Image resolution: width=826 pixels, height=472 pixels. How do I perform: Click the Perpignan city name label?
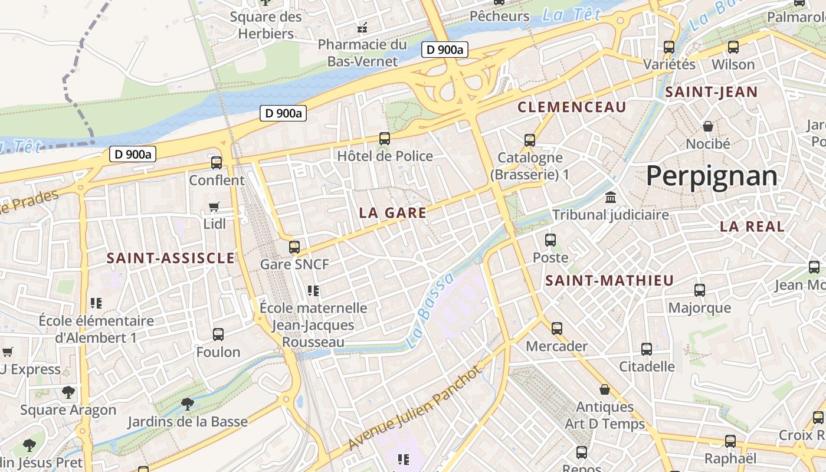[x=712, y=176]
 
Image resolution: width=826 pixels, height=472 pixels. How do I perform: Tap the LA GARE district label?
[x=392, y=213]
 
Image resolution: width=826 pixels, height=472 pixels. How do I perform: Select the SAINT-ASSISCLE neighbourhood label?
[x=171, y=258]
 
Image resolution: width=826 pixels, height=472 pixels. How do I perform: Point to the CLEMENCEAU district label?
[x=571, y=107]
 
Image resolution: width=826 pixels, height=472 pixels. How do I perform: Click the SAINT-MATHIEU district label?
[x=609, y=280]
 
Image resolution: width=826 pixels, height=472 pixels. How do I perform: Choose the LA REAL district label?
[x=752, y=226]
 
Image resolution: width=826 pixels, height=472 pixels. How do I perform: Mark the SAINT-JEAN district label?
[x=711, y=92]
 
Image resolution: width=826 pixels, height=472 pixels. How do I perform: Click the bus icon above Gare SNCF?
[x=294, y=247]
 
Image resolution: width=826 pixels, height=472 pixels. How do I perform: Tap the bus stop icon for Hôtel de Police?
[x=385, y=139]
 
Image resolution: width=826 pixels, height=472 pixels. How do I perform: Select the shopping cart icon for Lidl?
[x=214, y=206]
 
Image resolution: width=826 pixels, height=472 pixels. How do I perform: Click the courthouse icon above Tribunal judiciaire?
[x=611, y=196]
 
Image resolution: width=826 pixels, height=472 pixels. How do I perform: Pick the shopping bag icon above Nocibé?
[x=707, y=126]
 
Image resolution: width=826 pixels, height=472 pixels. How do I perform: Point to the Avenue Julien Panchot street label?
[x=414, y=407]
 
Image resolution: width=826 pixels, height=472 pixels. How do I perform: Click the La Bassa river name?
[x=431, y=310]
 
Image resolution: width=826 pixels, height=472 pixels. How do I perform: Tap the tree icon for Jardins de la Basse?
[x=188, y=404]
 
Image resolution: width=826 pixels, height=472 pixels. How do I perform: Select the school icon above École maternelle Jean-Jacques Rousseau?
[x=313, y=290]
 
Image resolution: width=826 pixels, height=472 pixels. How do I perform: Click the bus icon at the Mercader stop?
[x=556, y=328]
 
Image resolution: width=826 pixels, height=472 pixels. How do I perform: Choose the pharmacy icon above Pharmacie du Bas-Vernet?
[x=362, y=27]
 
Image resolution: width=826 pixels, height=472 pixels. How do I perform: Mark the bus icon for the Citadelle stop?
[x=647, y=349]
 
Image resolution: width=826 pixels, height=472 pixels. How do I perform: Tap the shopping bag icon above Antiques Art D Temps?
[x=604, y=389]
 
